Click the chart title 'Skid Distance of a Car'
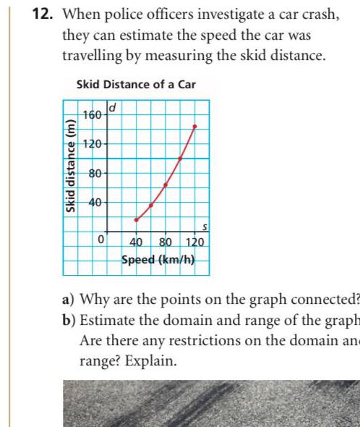point(136,85)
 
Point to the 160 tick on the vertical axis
point(92,115)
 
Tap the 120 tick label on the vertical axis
point(92,143)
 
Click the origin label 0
point(102,238)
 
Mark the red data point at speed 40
point(136,219)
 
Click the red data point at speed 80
point(166,185)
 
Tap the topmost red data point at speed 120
point(194,127)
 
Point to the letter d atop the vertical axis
point(112,109)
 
